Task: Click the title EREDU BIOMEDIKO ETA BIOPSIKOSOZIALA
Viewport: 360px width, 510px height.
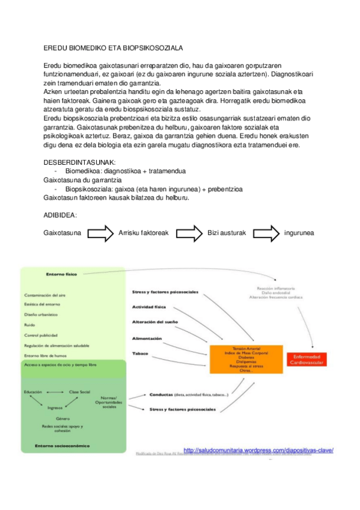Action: (x=114, y=47)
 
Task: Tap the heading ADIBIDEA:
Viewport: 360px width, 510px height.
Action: (x=60, y=215)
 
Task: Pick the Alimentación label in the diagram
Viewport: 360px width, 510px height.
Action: (x=146, y=338)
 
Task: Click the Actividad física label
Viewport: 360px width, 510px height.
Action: (x=148, y=307)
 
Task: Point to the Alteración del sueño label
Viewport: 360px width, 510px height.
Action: (x=154, y=322)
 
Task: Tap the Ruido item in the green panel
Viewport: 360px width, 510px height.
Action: (x=29, y=325)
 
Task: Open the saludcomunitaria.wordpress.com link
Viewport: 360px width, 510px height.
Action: (x=258, y=450)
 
